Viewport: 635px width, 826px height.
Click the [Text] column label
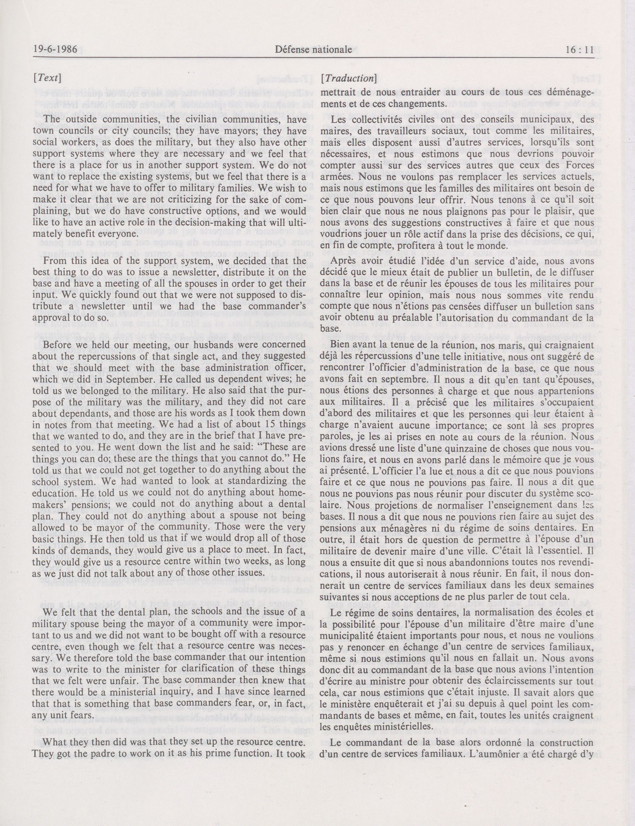pyautogui.click(x=47, y=78)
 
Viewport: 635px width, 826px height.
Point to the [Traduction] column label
pyautogui.click(x=348, y=78)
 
